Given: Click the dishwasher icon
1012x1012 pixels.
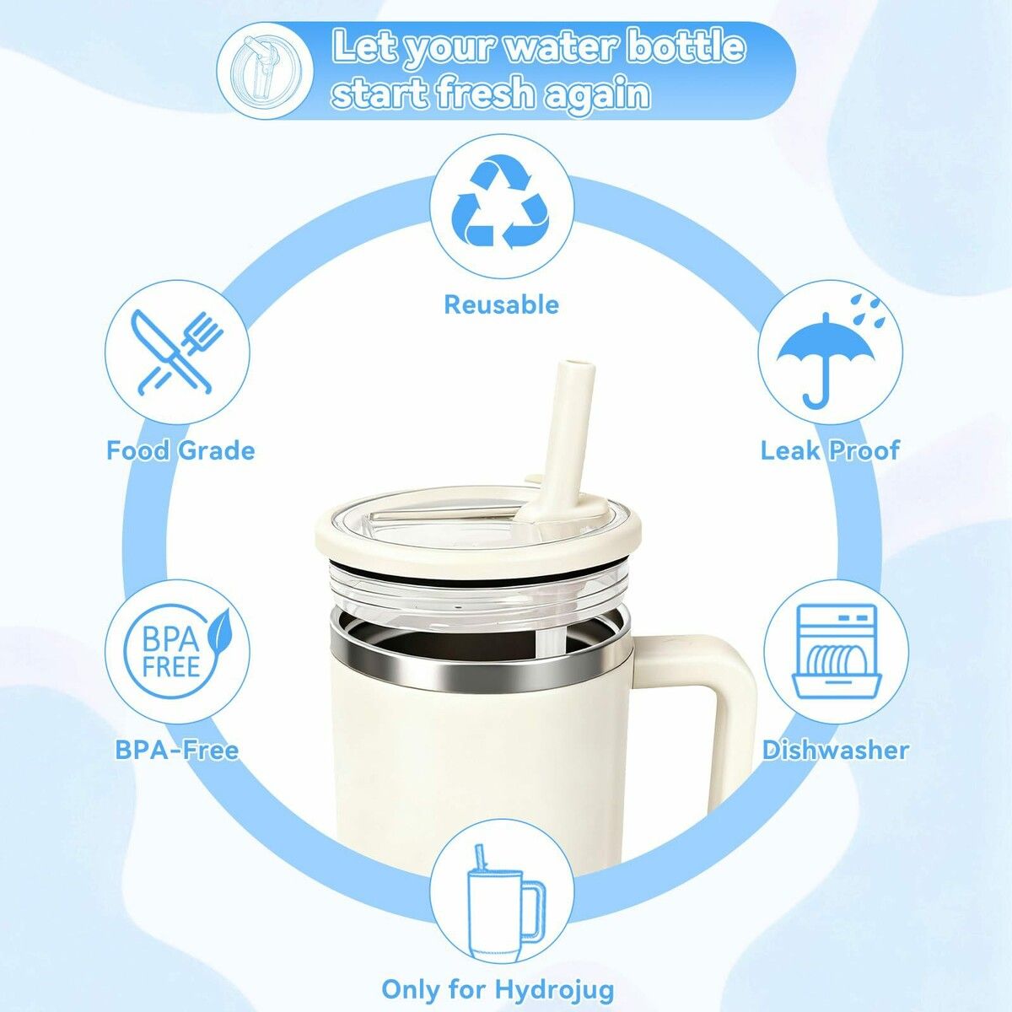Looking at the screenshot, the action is (836, 652).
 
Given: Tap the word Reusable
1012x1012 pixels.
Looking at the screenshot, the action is (502, 304).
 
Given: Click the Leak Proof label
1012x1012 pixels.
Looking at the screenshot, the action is (831, 450).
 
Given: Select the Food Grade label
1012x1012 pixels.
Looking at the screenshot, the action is (180, 450).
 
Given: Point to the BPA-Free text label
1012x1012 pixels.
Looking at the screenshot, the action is (177, 750).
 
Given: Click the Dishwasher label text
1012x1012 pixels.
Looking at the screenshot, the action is (836, 750).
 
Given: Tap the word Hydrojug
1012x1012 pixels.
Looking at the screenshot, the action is (555, 989).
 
